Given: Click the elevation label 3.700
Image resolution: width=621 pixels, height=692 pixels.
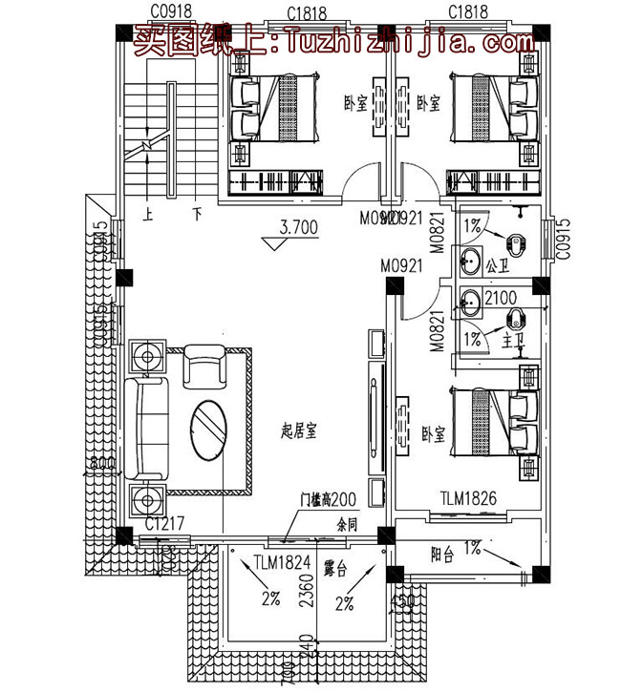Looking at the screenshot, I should point(299,228).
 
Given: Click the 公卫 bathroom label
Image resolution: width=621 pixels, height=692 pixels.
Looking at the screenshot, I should point(496,264).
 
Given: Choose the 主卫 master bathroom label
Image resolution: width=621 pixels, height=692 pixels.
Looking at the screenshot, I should point(500,337).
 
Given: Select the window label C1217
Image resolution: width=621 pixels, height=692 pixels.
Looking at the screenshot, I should point(164,524).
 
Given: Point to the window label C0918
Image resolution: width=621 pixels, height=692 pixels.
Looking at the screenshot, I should point(169,11).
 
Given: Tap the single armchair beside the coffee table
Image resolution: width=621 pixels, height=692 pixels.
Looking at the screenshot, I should point(202,366).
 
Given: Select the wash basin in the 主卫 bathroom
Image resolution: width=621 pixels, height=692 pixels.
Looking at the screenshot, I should point(469,304).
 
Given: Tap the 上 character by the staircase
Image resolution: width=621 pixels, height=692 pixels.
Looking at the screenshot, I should point(146,214).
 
